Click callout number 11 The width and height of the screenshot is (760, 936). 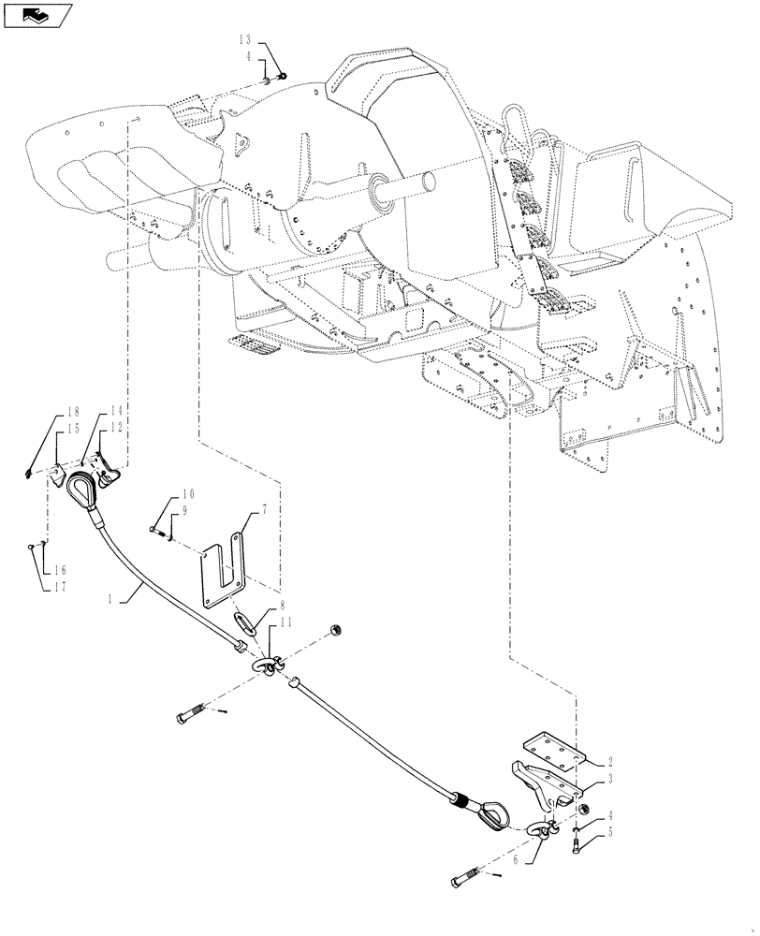point(285,623)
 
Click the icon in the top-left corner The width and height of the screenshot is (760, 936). point(37,15)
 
